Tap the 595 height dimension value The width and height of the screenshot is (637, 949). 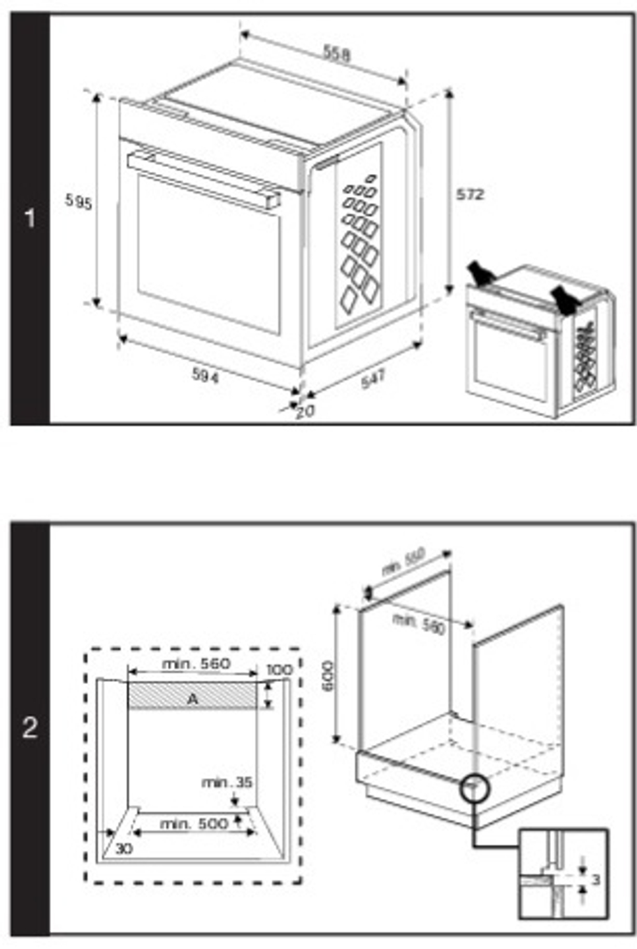point(79,202)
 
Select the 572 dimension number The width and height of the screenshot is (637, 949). point(470,194)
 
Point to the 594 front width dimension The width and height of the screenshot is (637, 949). point(205,377)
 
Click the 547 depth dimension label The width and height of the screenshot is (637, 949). point(373,379)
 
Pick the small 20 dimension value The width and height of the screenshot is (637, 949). point(305,412)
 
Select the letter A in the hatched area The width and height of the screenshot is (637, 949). point(192,699)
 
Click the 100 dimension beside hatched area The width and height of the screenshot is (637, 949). point(279,670)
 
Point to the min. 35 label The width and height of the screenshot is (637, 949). point(227,782)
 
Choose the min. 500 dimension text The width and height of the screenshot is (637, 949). point(194,823)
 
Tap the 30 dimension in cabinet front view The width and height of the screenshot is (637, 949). point(124,849)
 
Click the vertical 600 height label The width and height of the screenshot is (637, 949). point(327,676)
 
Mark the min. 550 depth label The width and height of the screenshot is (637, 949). point(403,561)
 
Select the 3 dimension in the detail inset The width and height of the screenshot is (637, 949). point(596,880)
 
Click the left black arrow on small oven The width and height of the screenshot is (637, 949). point(482,273)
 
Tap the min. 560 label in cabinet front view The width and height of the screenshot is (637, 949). point(196,664)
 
